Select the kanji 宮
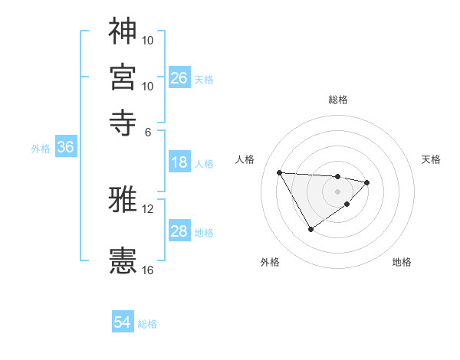click(123, 77)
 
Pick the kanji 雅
click(123, 200)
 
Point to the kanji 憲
click(123, 260)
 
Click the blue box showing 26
click(179, 77)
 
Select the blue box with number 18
click(179, 162)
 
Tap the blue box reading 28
click(179, 231)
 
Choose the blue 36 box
click(65, 148)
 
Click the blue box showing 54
click(123, 322)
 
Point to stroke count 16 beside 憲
click(148, 270)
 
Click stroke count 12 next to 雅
click(148, 209)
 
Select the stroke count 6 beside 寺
click(148, 131)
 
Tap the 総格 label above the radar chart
click(338, 99)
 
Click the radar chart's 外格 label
click(270, 263)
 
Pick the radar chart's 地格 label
click(402, 263)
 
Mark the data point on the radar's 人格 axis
click(279, 172)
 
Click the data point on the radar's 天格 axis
click(368, 182)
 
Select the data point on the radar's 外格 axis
click(310, 229)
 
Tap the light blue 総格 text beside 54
click(147, 324)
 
